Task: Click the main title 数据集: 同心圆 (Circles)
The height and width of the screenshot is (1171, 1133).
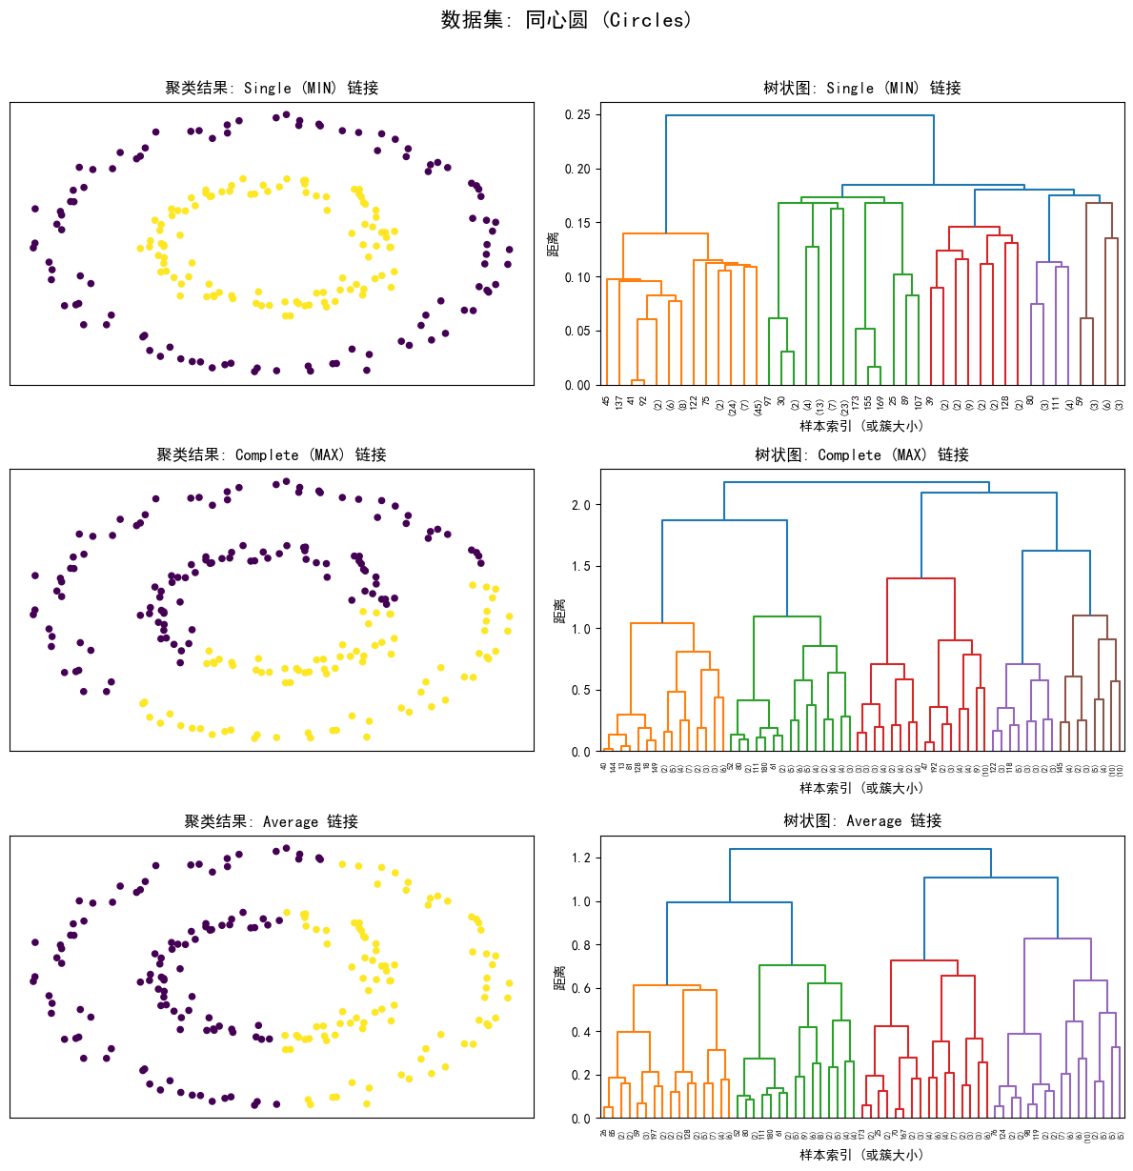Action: click(x=566, y=20)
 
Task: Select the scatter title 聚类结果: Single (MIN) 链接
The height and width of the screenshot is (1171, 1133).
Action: click(x=272, y=88)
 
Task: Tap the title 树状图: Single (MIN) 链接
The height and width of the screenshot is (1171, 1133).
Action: click(x=861, y=88)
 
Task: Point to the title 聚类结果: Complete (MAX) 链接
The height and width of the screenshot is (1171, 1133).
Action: click(x=272, y=454)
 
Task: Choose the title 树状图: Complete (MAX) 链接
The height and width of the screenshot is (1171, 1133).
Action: click(x=861, y=454)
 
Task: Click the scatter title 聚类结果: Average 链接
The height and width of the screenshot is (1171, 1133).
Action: click(x=272, y=821)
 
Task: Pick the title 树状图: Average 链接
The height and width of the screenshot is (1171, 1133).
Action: click(x=861, y=820)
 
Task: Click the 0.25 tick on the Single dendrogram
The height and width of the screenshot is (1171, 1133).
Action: click(x=577, y=115)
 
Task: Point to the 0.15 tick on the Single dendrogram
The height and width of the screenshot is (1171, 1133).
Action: click(x=577, y=223)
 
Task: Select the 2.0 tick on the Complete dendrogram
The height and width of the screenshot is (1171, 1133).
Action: click(x=580, y=505)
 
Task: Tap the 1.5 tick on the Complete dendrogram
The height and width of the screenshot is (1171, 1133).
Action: click(x=580, y=567)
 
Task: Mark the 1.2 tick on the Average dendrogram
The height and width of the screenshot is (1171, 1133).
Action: click(x=580, y=858)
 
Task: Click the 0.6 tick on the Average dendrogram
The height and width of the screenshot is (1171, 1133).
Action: click(x=580, y=989)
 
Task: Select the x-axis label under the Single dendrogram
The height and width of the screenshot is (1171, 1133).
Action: click(x=861, y=426)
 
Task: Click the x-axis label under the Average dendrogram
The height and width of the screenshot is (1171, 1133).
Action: click(x=861, y=1155)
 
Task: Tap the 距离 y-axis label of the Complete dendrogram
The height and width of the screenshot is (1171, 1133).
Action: click(x=559, y=611)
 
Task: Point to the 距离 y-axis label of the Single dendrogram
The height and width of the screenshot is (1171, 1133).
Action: click(x=553, y=244)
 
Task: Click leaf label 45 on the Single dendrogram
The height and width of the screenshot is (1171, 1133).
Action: click(x=606, y=403)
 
